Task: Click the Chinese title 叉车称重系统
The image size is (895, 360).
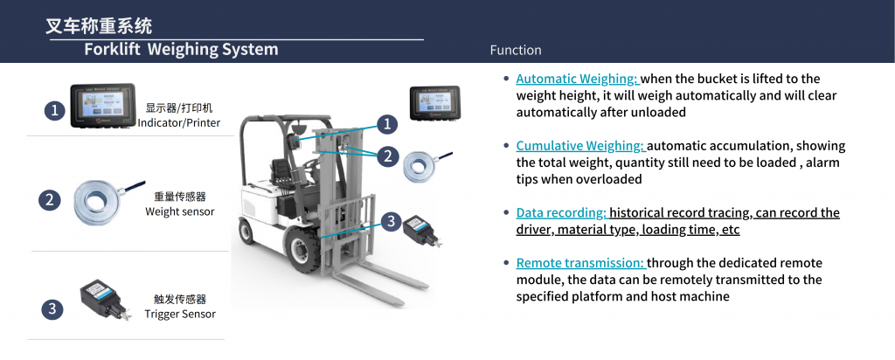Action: click(x=99, y=25)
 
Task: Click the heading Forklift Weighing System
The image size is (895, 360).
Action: click(x=181, y=49)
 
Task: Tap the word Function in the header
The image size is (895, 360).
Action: click(x=516, y=50)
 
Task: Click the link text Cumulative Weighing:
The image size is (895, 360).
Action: click(x=580, y=146)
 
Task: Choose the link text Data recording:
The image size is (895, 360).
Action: click(x=561, y=213)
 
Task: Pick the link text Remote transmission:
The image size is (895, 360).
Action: click(x=580, y=263)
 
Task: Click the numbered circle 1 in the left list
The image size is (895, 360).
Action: click(x=55, y=109)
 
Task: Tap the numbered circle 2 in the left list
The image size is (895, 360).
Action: click(x=50, y=200)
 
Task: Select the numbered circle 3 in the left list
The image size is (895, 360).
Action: click(x=52, y=309)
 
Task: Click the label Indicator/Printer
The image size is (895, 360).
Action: click(x=179, y=122)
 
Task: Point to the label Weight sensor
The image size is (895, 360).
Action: click(x=180, y=211)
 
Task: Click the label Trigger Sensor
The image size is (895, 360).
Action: click(x=180, y=314)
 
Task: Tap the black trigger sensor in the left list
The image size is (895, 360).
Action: click(x=104, y=298)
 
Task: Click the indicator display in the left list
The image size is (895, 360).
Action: click(x=103, y=106)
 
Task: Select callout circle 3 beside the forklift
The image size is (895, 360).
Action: click(x=391, y=222)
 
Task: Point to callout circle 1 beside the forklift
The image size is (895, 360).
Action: click(x=387, y=124)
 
